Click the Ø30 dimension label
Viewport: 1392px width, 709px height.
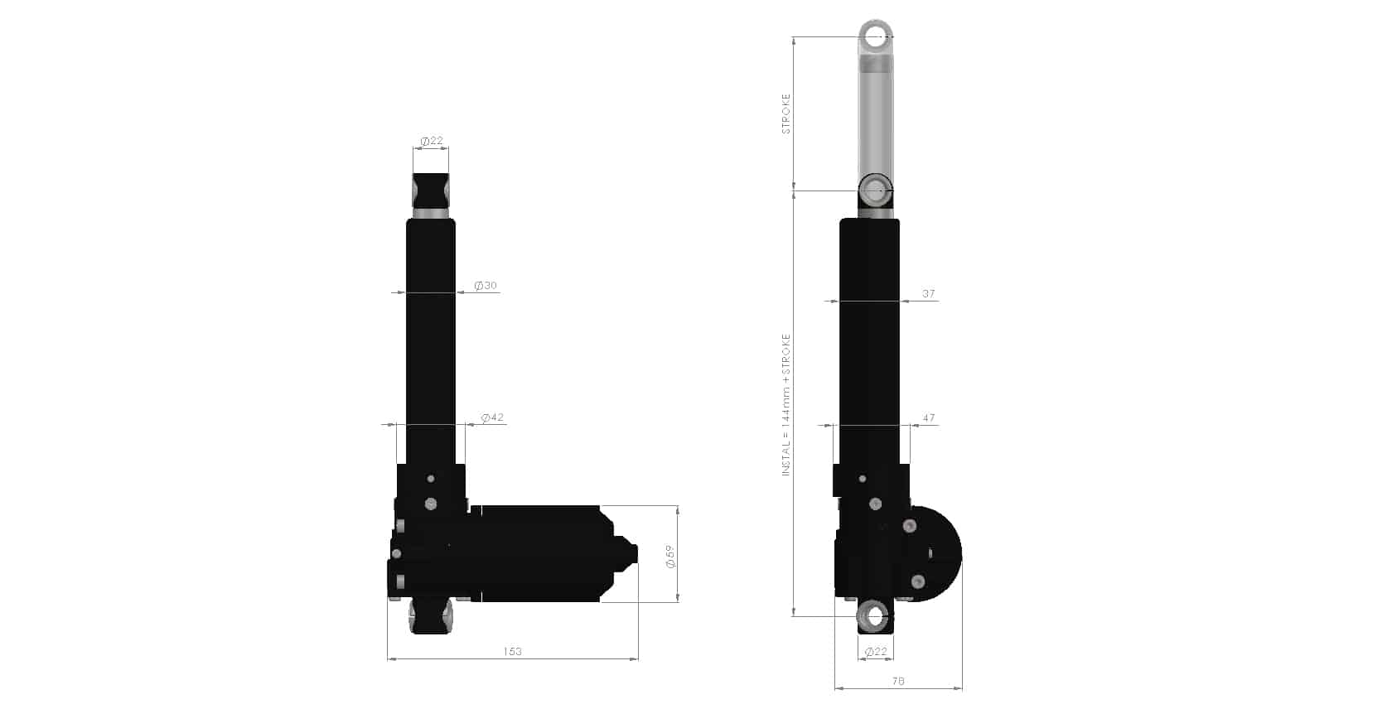486,286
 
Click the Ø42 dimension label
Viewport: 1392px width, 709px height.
492,417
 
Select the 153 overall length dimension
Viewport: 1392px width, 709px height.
512,651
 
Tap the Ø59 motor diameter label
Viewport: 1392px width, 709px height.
670,556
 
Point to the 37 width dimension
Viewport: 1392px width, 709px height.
928,293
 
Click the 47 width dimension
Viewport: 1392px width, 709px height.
928,418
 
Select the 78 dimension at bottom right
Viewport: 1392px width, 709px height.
898,681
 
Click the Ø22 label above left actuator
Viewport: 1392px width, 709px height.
431,141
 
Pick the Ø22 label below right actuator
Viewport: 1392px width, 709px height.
875,652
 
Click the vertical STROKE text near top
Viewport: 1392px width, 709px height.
786,114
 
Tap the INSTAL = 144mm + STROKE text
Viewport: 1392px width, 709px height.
786,404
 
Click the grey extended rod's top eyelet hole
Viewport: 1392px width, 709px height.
875,36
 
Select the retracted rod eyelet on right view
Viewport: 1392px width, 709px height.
874,191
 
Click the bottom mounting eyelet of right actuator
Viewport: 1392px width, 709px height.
874,616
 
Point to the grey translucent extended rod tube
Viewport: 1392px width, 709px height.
875,116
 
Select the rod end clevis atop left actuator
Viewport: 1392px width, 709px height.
431,192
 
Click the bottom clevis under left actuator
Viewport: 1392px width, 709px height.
431,618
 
